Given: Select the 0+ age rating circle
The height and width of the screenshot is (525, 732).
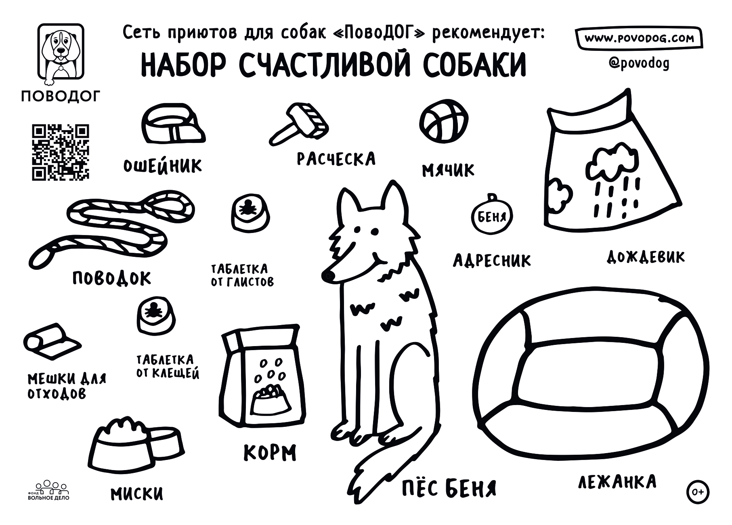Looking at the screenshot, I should pyautogui.click(x=698, y=492).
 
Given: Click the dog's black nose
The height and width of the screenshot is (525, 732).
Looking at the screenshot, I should pyautogui.click(x=328, y=276).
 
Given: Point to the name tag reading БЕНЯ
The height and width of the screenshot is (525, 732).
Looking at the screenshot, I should pyautogui.click(x=491, y=216).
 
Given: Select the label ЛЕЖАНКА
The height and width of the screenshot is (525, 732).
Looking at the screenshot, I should pyautogui.click(x=617, y=482).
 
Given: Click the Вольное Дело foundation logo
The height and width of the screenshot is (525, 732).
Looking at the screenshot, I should pyautogui.click(x=48, y=491).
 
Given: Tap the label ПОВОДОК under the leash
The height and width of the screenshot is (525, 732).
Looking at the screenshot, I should pyautogui.click(x=112, y=278).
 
